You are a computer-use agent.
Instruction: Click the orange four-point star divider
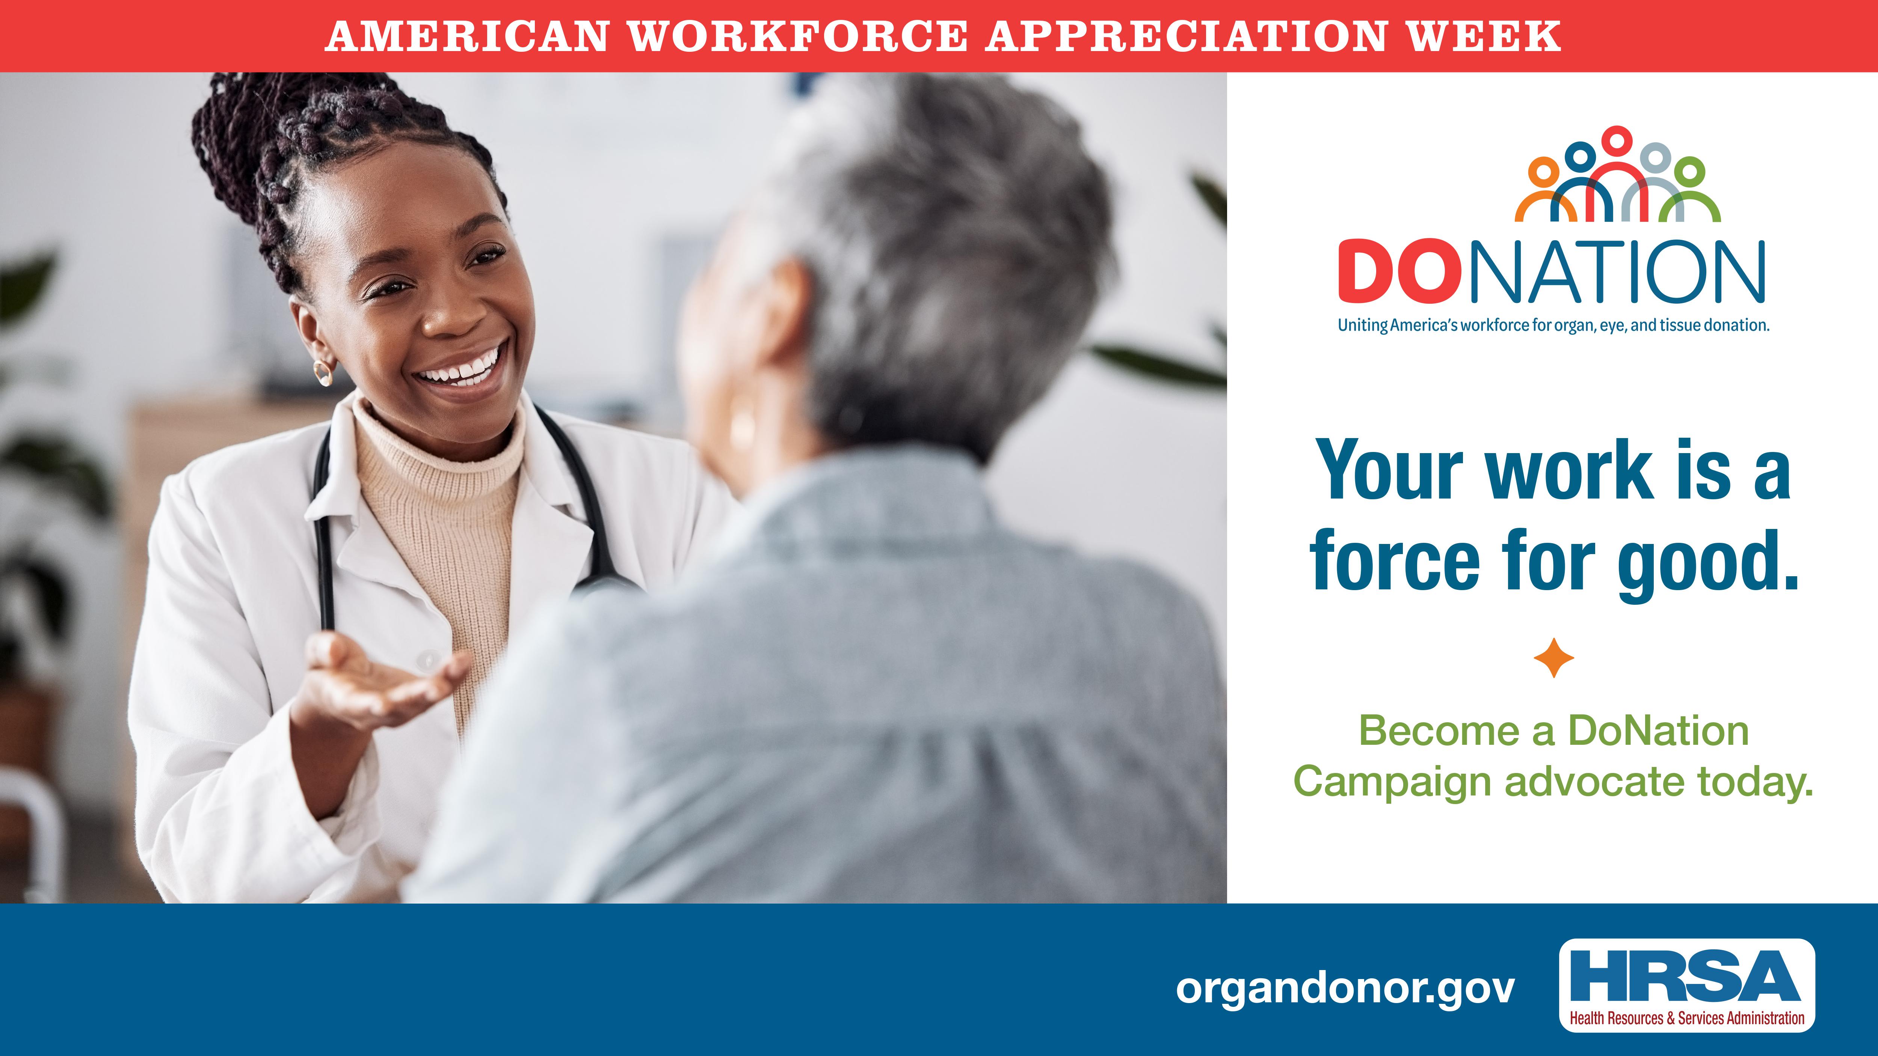pyautogui.click(x=1553, y=658)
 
